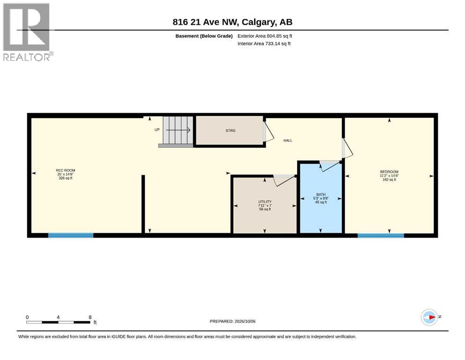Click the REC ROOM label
[x=66, y=170]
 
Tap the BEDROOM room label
[x=389, y=172]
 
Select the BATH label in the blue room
[x=321, y=195]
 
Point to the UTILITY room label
[x=265, y=202]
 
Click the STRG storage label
[x=230, y=131]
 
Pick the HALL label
[x=288, y=140]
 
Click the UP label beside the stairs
[x=157, y=130]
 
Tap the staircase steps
[x=177, y=131]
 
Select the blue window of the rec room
[x=71, y=235]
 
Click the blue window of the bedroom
[x=381, y=236]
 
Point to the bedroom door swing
[x=347, y=148]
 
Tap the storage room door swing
[x=268, y=131]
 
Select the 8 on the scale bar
[x=90, y=317]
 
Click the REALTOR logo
[x=27, y=32]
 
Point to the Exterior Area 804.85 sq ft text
[x=265, y=36]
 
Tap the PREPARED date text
[x=232, y=321]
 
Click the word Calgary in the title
[x=256, y=22]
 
